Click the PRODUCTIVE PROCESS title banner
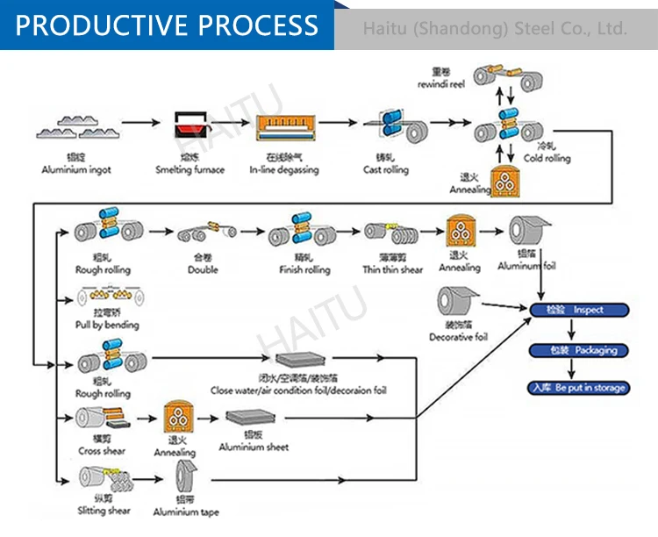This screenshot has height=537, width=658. point(167,25)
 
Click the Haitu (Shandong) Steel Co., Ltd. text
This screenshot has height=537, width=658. point(495,29)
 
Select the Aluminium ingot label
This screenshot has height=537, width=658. point(76,169)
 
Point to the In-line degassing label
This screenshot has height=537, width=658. point(284,169)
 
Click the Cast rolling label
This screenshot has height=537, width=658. point(386,169)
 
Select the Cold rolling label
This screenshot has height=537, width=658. point(547,158)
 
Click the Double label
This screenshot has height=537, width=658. point(203,270)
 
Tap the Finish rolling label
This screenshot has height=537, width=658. point(304,270)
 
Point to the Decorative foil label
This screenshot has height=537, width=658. point(457,337)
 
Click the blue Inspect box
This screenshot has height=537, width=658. point(580,310)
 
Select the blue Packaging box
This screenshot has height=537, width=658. point(580,350)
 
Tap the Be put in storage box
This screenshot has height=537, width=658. point(580,388)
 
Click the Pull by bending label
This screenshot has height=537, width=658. point(108,325)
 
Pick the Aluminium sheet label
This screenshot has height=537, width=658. point(254,447)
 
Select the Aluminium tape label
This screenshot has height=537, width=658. point(186,512)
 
